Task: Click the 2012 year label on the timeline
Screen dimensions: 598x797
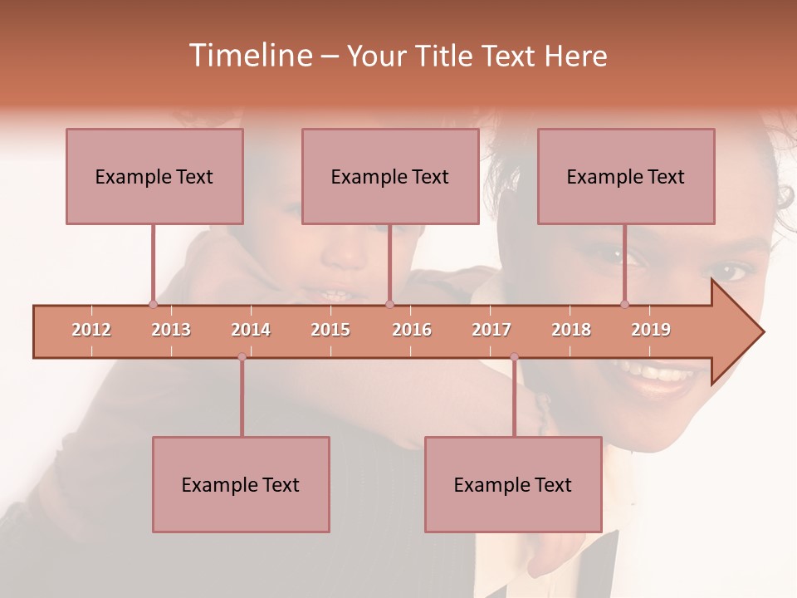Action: pyautogui.click(x=91, y=330)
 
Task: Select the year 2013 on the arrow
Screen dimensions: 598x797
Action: pyautogui.click(x=171, y=330)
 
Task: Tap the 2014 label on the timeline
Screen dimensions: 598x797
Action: pyautogui.click(x=251, y=330)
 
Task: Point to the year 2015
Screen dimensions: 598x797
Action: pyautogui.click(x=330, y=330)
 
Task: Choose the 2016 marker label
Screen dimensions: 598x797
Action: pyautogui.click(x=412, y=330)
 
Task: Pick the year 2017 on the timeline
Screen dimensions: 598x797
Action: pyautogui.click(x=491, y=330)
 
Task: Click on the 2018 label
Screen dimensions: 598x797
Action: pyautogui.click(x=571, y=330)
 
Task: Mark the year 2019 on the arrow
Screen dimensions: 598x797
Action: pyautogui.click(x=651, y=330)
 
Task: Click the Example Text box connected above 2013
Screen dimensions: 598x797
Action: pyautogui.click(x=154, y=176)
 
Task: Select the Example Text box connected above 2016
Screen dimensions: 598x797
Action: pyautogui.click(x=390, y=176)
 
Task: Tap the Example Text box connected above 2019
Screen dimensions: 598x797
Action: pyautogui.click(x=626, y=176)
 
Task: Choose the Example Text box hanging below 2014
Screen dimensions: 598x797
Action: pyautogui.click(x=241, y=484)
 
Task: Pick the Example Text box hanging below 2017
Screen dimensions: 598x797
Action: pyautogui.click(x=513, y=484)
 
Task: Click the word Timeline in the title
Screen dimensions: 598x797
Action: pyautogui.click(x=249, y=56)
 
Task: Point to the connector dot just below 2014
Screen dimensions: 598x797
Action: pyautogui.click(x=242, y=357)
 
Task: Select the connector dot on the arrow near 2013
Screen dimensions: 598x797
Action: pyautogui.click(x=153, y=304)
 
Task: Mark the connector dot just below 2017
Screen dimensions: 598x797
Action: pyautogui.click(x=514, y=357)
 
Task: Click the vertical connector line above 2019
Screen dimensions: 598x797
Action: pyautogui.click(x=625, y=262)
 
